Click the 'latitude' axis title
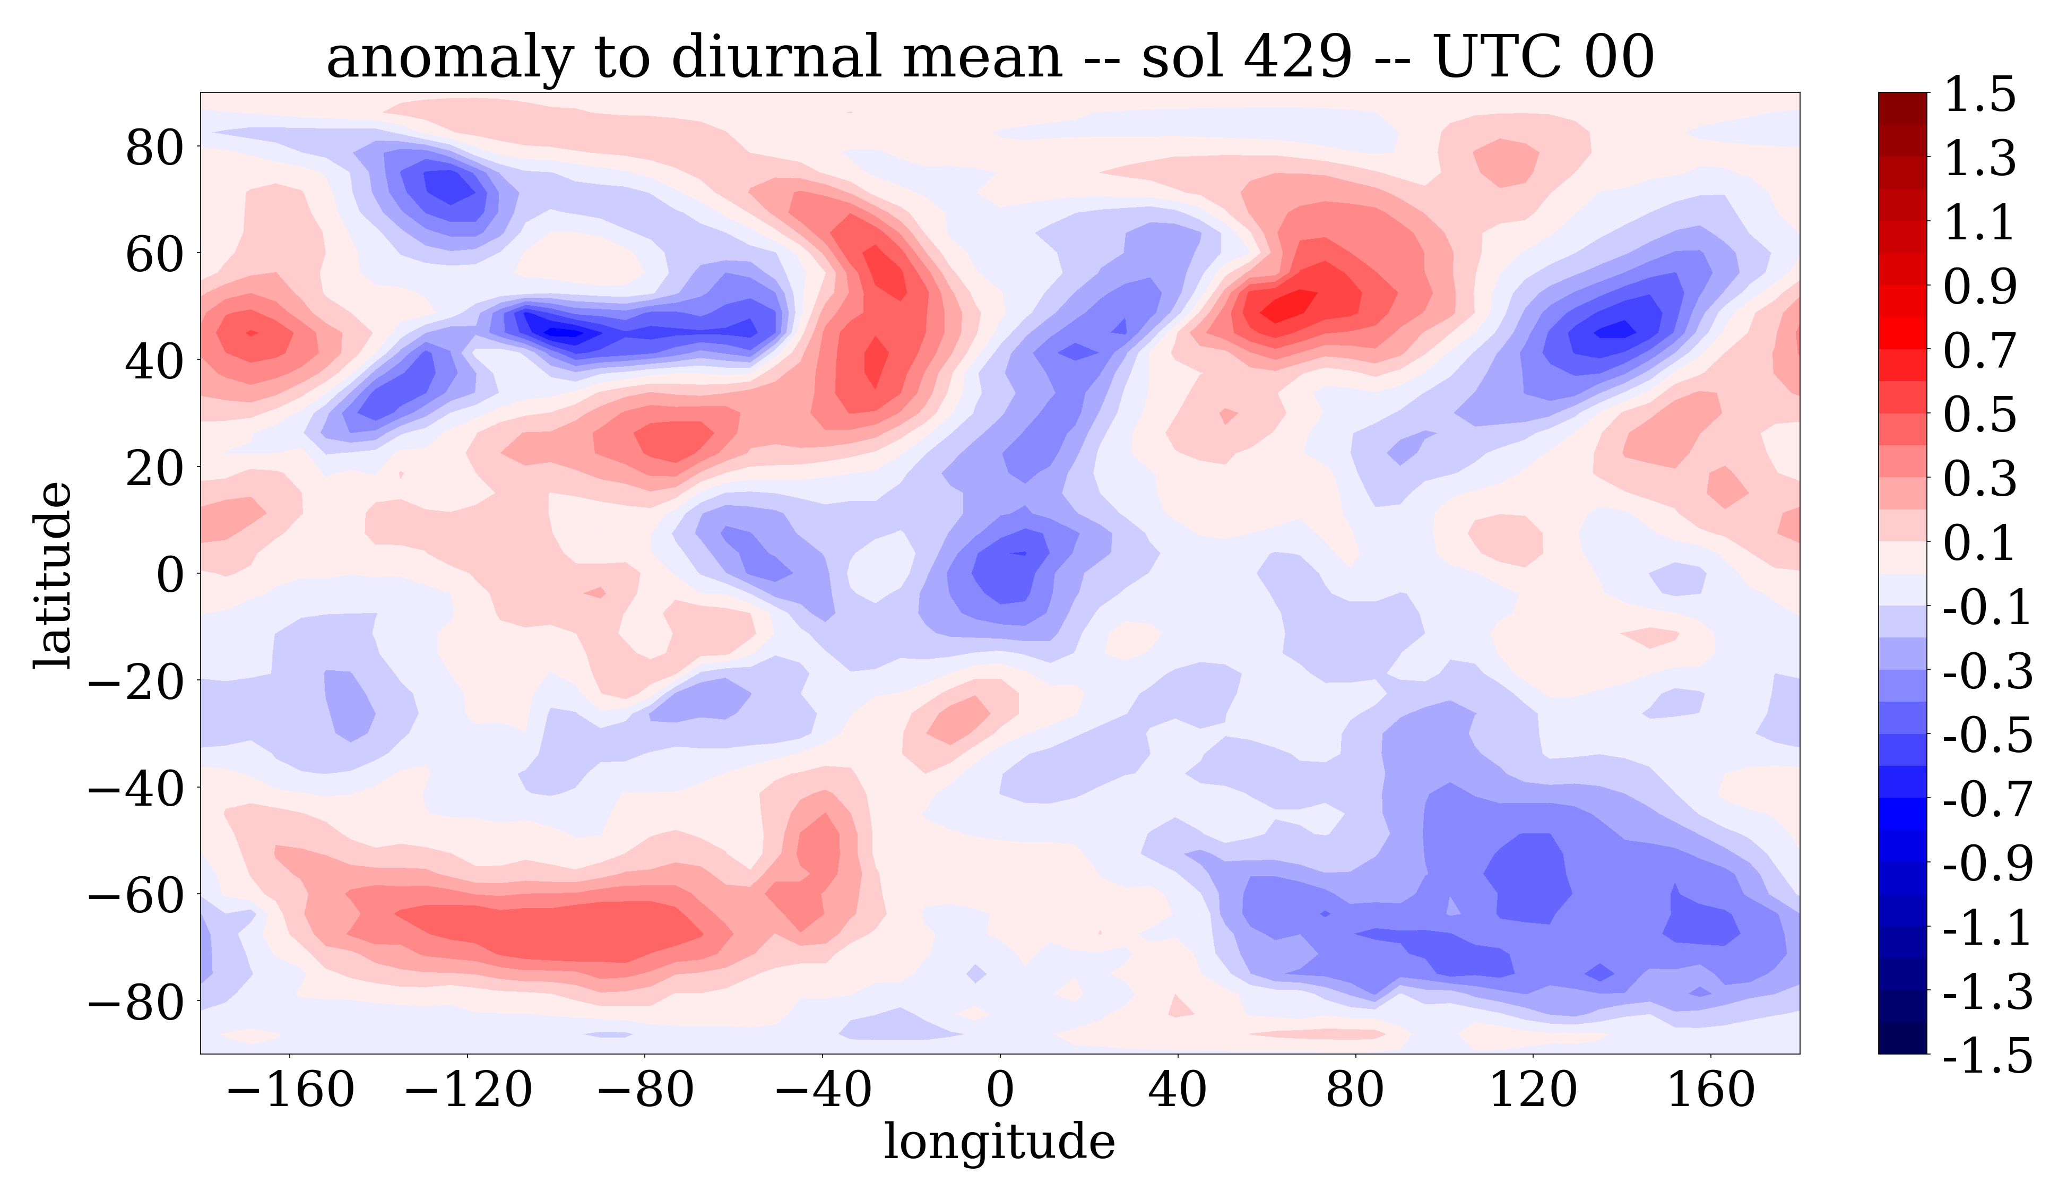point(53,575)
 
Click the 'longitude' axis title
point(999,1141)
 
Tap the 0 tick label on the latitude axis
point(170,574)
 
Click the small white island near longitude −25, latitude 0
point(880,566)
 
